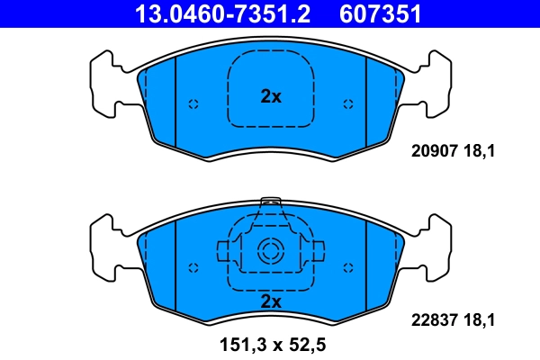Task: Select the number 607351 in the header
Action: click(379, 13)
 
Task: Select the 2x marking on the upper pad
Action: click(270, 95)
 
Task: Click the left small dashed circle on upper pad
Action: click(193, 104)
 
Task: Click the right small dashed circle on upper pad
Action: click(347, 104)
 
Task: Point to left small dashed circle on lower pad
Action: click(193, 267)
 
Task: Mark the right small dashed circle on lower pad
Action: click(347, 267)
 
